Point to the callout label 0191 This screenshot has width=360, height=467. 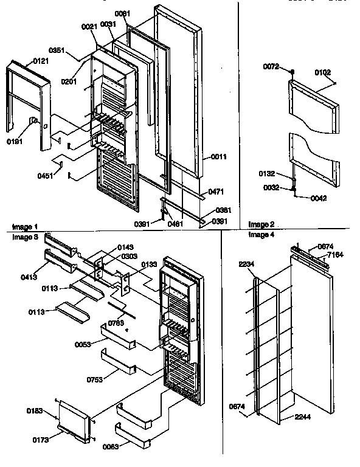[x=15, y=141]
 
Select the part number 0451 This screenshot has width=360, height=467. [x=45, y=176]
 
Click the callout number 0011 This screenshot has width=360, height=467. [x=218, y=157]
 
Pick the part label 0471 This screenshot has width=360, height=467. [x=215, y=192]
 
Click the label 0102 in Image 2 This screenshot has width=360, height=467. [x=322, y=73]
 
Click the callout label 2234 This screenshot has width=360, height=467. [x=247, y=263]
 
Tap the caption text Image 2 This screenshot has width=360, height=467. [x=261, y=224]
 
